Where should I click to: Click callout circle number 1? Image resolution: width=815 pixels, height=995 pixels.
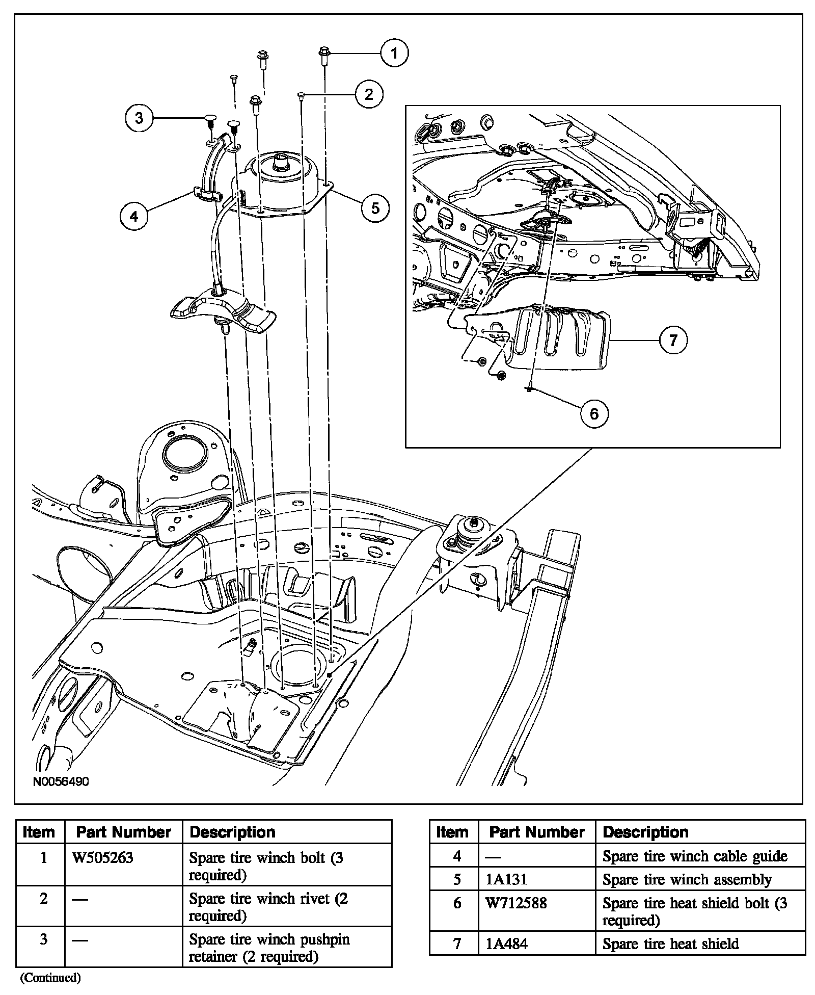394,53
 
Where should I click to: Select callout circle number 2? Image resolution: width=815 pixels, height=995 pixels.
369,94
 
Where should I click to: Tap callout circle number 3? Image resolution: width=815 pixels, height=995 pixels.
139,118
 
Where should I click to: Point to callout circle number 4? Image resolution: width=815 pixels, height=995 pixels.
134,217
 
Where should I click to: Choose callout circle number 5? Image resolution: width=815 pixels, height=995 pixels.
375,207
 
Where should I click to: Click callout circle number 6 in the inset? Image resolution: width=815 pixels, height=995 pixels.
594,413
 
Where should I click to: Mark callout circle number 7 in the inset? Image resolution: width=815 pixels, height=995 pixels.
673,340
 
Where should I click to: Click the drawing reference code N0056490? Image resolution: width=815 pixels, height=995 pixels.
61,781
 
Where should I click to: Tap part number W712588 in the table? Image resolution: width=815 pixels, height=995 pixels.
516,903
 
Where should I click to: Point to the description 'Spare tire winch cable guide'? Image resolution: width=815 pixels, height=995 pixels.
695,856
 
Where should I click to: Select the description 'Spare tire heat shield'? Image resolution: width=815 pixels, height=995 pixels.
670,944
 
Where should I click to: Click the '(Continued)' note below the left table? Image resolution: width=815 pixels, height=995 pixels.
50,978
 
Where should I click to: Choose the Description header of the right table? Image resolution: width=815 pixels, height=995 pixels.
645,832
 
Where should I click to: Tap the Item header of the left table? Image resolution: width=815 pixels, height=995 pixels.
39,832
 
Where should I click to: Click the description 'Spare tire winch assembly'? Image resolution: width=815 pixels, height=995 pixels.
687,880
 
